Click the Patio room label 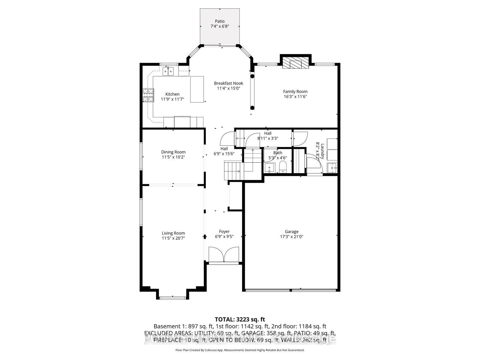[220, 21]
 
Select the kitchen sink [168, 71]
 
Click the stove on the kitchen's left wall [148, 95]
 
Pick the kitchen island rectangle [197, 89]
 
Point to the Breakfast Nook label [229, 83]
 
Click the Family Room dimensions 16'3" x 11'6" [295, 97]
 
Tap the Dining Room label [173, 152]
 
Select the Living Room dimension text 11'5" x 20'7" [173, 238]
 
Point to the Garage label [292, 231]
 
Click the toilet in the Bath [283, 167]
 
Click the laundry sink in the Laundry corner [332, 168]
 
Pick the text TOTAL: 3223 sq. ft [240, 319]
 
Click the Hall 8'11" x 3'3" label [268, 136]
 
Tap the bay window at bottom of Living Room [172, 298]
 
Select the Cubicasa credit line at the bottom [240, 350]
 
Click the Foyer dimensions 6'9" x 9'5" [224, 236]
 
